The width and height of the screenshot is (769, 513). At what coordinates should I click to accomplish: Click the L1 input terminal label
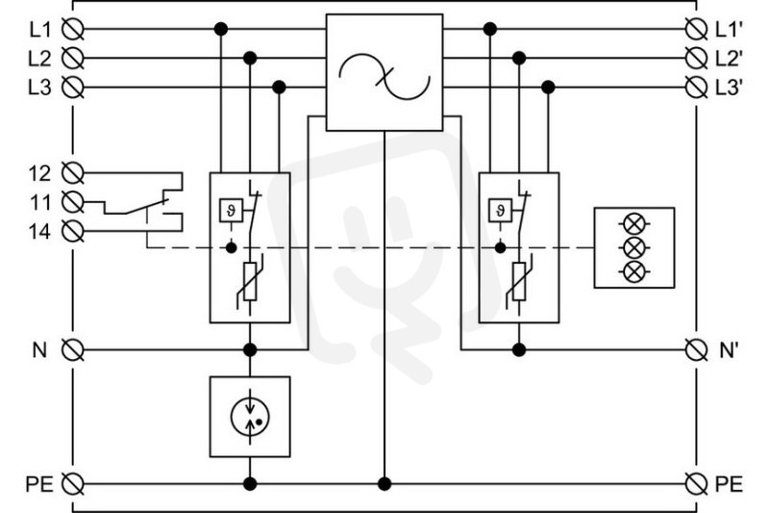(39, 30)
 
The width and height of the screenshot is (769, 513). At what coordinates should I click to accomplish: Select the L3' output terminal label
(730, 88)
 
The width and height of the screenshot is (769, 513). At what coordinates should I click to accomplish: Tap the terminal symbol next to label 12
(73, 173)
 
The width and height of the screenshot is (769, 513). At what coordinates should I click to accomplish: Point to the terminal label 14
(39, 231)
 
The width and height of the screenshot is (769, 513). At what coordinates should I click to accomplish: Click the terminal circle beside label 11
(73, 202)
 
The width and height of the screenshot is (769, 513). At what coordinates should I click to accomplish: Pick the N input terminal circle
(73, 350)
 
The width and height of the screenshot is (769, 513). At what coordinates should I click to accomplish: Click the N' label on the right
(730, 350)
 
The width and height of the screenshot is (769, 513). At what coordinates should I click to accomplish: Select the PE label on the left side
(39, 484)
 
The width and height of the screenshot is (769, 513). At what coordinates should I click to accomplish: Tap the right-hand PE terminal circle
(696, 484)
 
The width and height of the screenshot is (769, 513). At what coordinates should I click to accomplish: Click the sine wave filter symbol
(384, 77)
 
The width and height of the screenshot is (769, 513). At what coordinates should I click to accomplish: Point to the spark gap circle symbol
(250, 417)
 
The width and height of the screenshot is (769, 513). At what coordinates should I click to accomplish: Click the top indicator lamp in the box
(634, 223)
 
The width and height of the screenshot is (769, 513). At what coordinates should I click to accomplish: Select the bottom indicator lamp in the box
(634, 271)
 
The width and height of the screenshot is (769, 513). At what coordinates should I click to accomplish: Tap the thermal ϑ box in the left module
(231, 211)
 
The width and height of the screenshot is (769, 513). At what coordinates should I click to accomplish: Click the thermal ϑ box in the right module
(500, 211)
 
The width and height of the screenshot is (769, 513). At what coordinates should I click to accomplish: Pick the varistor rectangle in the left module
(250, 281)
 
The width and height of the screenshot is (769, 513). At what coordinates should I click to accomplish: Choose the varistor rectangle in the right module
(519, 281)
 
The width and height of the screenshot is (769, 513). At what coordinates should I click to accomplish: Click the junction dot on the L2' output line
(519, 59)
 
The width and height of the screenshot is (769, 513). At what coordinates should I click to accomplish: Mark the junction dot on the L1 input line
(221, 29)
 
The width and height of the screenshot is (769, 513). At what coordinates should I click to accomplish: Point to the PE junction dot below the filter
(384, 484)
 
